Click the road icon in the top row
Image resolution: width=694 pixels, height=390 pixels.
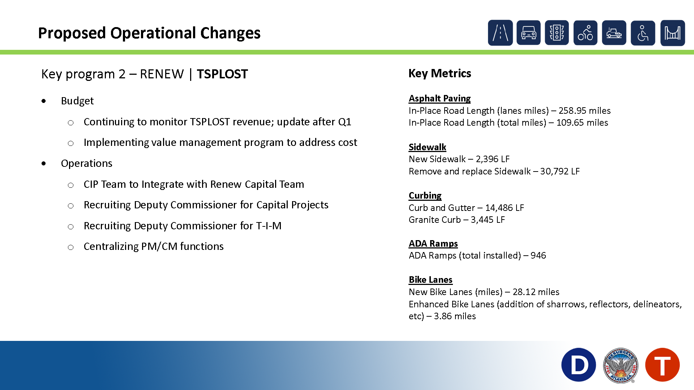click(x=500, y=33)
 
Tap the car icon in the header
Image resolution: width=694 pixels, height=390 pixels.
click(x=528, y=33)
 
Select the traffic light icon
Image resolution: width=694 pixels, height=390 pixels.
click(x=557, y=33)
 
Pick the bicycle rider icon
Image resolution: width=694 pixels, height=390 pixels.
click(x=585, y=33)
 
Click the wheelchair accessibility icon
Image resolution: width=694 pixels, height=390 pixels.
click(x=643, y=33)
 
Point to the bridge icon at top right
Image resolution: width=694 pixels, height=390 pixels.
click(x=673, y=33)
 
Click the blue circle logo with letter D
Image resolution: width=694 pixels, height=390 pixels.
click(x=579, y=365)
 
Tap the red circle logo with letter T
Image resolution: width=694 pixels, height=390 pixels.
click(x=663, y=365)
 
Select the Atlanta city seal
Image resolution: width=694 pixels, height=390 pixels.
click(x=621, y=365)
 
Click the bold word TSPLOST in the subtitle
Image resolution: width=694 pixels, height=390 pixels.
click(x=222, y=74)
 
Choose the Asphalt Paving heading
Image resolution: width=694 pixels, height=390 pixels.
click(x=440, y=98)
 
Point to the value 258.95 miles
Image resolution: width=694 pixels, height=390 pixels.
click(x=584, y=110)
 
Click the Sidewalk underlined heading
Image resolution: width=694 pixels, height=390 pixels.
click(x=427, y=147)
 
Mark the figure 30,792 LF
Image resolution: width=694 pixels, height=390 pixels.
click(x=560, y=171)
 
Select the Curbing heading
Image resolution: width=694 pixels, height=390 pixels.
click(x=425, y=195)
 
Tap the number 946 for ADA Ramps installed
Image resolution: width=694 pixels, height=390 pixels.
click(x=538, y=255)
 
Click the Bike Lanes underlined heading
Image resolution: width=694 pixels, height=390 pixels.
click(x=430, y=279)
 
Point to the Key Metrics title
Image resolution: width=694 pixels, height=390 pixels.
click(x=440, y=73)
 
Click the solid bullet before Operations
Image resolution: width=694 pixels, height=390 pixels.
click(x=44, y=164)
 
